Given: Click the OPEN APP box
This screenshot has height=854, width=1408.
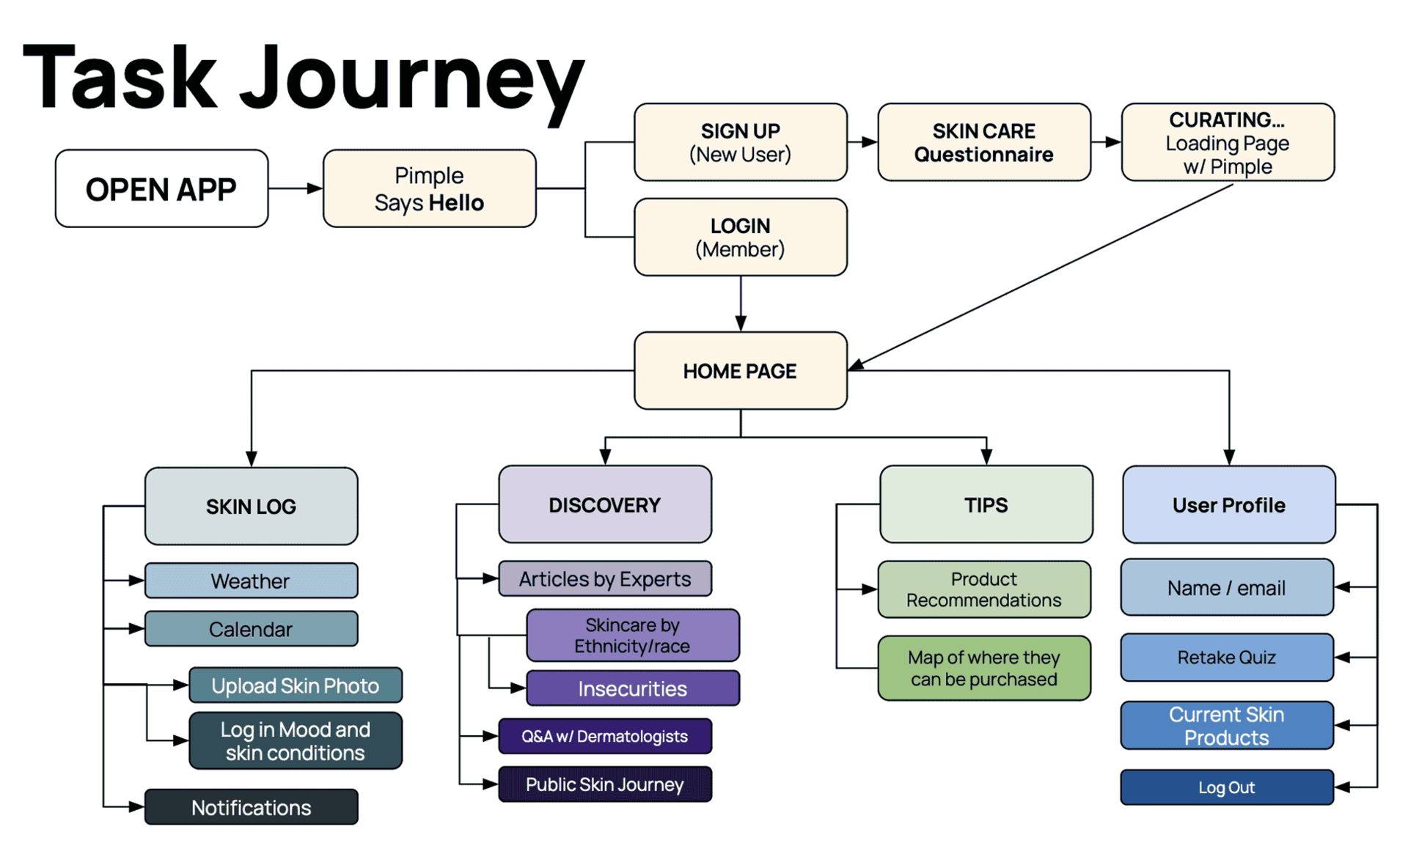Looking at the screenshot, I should point(161,189).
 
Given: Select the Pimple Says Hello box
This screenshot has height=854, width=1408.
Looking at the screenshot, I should point(429,189).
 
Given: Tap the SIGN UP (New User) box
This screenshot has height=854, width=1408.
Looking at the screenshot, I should point(740,142).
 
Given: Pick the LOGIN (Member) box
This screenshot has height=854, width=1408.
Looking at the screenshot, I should point(740,237).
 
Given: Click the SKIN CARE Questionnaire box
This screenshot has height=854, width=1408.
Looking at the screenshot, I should point(983,142).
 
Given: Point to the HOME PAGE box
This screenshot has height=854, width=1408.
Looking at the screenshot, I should point(740,371).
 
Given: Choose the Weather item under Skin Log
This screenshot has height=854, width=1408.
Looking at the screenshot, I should point(251,581).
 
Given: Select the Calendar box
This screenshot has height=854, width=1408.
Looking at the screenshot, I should point(251,629).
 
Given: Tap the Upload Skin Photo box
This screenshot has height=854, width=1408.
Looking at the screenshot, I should point(295,685).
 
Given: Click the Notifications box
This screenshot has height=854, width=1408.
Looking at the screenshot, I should point(251,807).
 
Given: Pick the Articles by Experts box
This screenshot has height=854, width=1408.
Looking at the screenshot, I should point(604,579).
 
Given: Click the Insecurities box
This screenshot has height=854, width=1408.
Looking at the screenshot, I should point(632,688).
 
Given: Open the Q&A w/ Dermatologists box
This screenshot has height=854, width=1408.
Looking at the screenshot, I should point(604,736).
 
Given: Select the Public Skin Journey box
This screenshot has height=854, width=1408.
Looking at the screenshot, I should point(604,784).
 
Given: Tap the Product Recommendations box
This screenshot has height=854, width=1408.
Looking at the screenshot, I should point(983,589).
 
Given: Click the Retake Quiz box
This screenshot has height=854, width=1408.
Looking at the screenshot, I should point(1226,658).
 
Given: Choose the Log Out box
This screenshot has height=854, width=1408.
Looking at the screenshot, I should point(1226,787).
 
